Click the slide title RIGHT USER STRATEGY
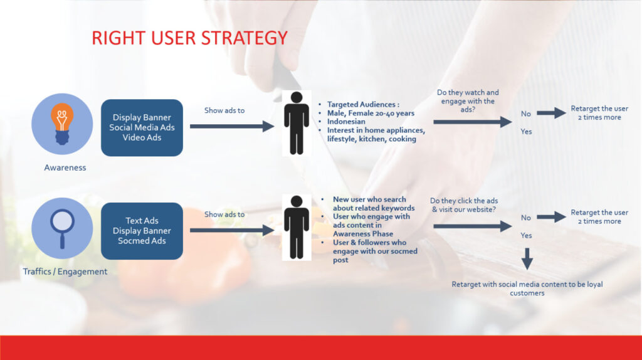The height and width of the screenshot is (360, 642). click(x=189, y=38)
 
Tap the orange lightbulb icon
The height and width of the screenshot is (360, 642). click(x=62, y=124)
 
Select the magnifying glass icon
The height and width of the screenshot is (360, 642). click(x=62, y=228)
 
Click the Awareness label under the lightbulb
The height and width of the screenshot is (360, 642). click(x=65, y=167)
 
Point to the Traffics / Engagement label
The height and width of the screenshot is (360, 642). click(x=65, y=272)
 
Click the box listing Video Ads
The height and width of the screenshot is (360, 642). click(x=142, y=127)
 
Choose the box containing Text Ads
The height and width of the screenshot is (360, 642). click(x=142, y=231)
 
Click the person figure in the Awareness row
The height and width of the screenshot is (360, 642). click(x=297, y=123)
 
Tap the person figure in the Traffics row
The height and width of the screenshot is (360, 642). click(x=297, y=227)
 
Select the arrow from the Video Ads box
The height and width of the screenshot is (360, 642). click(x=232, y=126)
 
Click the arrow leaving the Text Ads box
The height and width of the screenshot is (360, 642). click(x=232, y=230)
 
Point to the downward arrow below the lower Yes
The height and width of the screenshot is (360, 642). click(x=527, y=259)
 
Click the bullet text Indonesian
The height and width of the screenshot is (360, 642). click(x=346, y=122)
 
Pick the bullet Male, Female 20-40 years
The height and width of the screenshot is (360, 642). click(x=371, y=113)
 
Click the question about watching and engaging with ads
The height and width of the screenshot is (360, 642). click(x=468, y=101)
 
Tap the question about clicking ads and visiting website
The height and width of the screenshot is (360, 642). click(x=464, y=205)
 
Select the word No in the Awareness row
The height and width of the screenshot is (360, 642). click(x=526, y=114)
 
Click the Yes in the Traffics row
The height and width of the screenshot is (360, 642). click(x=526, y=235)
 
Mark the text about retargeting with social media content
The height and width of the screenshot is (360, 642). click(x=527, y=289)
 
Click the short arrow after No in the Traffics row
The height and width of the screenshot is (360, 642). click(x=552, y=217)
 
